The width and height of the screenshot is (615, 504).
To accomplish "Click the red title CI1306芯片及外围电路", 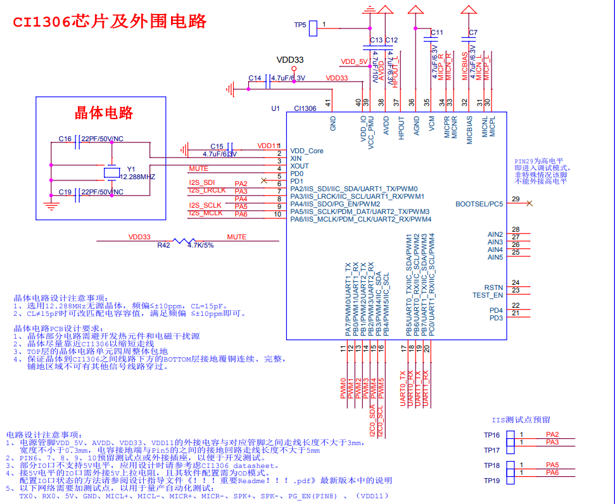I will coord(110,21).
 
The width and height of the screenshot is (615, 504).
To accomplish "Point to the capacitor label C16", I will coord(65,139).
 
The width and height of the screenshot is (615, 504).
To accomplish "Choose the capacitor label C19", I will coord(65,192).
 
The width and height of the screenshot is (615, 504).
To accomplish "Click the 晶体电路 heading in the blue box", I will coord(104,113).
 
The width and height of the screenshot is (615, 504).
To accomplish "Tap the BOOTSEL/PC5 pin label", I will coord(479,204).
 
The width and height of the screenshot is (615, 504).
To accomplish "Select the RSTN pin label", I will coord(493,287).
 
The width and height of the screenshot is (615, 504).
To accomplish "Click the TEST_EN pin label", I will coord(488,295).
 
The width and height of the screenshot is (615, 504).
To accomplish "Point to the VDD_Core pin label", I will coord(307,151).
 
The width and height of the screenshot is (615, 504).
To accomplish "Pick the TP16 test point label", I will coord(492,435).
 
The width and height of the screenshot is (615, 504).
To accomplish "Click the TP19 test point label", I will coord(492,481).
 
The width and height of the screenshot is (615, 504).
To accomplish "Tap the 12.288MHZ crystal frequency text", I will coord(137,177).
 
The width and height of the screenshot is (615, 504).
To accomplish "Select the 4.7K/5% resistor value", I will coord(201,245).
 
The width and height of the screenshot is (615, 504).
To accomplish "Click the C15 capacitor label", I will coord(217,146).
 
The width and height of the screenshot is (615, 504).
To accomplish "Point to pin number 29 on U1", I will coord(516,199).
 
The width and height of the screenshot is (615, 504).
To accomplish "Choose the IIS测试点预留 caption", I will coord(521,420).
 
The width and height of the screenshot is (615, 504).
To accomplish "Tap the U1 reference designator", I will coord(276,108).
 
